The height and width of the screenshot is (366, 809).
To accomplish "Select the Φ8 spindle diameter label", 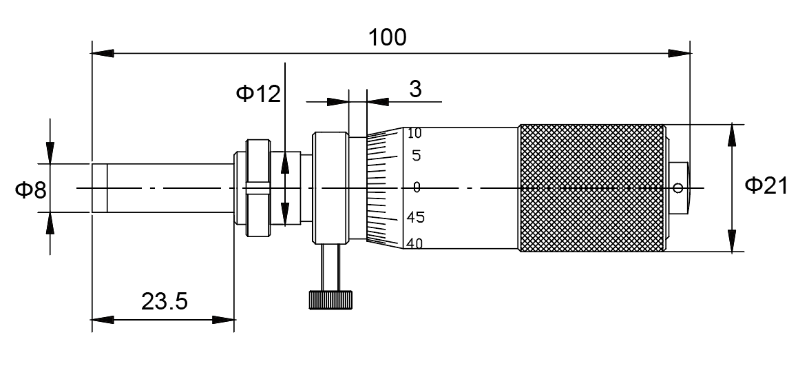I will (x=30, y=189).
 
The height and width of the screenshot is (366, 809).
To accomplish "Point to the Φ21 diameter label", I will (x=766, y=186).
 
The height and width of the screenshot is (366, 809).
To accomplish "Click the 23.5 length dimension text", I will (x=165, y=301).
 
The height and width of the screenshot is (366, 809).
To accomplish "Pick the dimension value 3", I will (x=415, y=90).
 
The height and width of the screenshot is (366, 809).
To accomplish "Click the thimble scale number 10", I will (x=414, y=134).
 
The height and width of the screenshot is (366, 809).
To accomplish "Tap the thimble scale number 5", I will (x=417, y=156).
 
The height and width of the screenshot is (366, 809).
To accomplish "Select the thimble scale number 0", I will (x=417, y=187).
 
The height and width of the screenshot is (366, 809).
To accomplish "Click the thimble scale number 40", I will (x=414, y=243).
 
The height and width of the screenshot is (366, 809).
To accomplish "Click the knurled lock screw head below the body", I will (x=330, y=300).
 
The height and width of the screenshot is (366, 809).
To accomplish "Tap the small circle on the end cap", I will (x=680, y=187).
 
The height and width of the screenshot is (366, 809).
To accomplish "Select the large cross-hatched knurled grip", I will (x=592, y=187).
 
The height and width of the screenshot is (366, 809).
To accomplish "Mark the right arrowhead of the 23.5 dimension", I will (x=224, y=319).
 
